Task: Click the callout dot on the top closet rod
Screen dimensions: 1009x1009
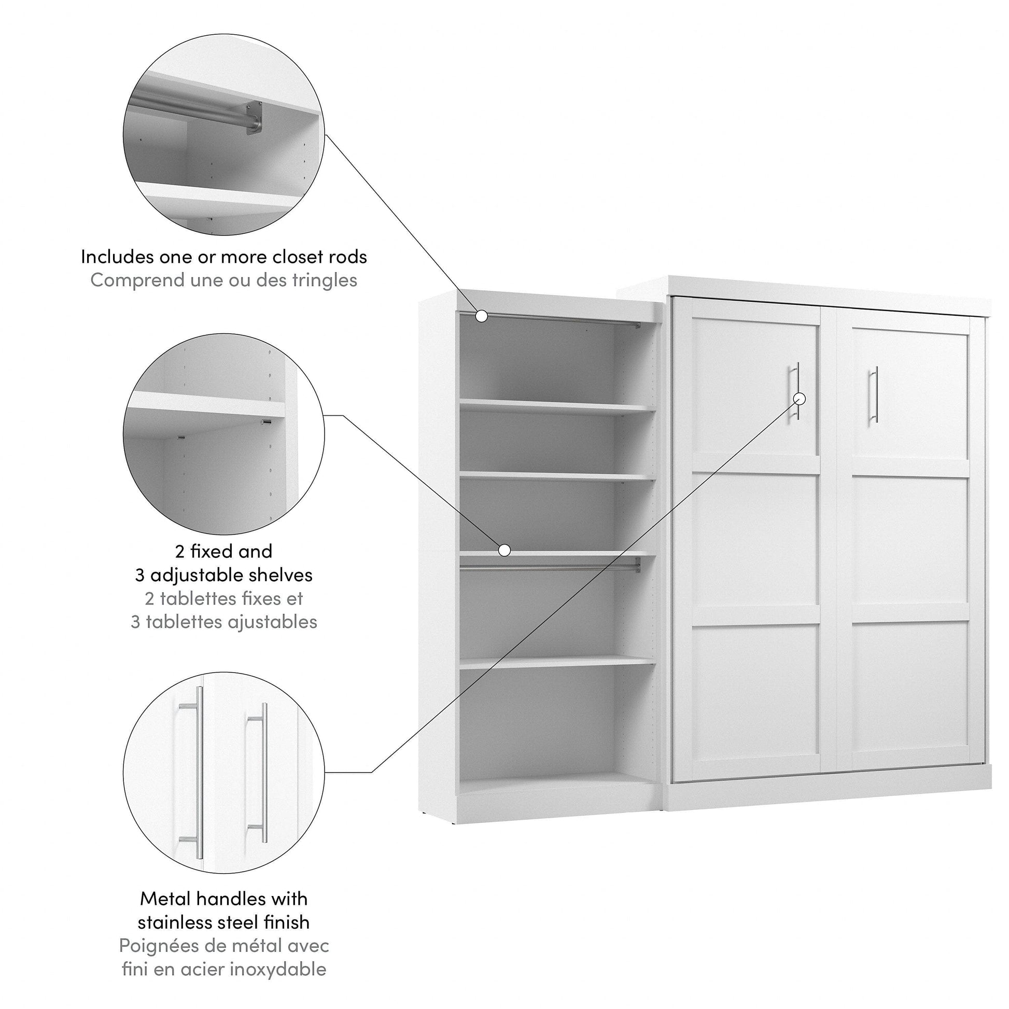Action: pos(482,316)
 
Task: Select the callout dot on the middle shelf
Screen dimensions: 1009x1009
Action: pos(504,550)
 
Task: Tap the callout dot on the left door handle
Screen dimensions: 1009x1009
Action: pos(800,399)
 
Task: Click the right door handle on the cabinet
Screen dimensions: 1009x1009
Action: pos(874,394)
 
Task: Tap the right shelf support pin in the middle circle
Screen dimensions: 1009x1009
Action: pos(267,422)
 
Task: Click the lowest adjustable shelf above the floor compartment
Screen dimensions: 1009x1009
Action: pos(557,662)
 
